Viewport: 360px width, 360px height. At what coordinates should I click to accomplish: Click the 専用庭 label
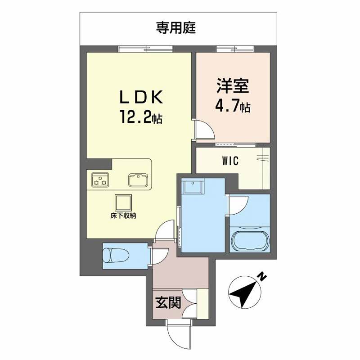point(176,28)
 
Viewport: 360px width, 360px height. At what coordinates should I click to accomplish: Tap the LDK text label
point(141,97)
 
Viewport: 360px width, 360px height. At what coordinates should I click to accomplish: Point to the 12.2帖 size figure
point(140,117)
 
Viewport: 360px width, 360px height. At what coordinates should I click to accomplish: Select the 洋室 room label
point(233,86)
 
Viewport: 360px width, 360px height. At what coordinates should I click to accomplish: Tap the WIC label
point(230,161)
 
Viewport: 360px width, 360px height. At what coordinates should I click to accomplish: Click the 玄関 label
point(168,302)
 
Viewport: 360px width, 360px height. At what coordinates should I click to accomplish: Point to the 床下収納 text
point(123,216)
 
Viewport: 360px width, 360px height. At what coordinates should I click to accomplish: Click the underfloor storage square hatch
point(123,203)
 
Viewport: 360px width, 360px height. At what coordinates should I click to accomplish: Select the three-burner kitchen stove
point(100,180)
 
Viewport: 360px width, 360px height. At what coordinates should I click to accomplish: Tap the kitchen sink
point(138,180)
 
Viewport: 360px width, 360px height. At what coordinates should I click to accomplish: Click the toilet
point(116,256)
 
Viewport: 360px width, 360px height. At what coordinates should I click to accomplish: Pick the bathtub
point(250,241)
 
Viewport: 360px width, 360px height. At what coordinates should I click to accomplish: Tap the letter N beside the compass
point(262,276)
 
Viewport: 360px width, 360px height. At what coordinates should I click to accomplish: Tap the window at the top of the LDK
point(146,49)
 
